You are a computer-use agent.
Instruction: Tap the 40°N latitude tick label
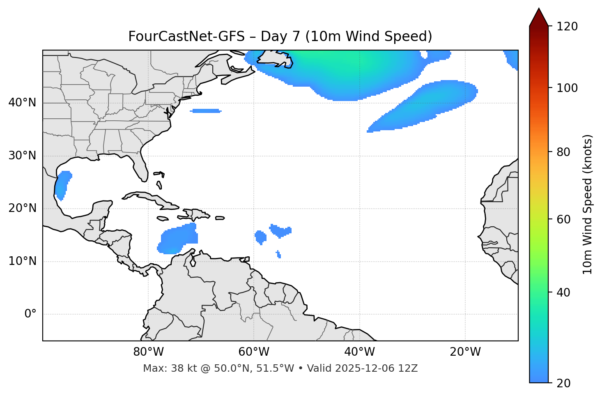pos(22,103)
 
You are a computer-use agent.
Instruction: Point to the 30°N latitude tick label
pos(22,156)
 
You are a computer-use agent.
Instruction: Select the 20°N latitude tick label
pos(22,208)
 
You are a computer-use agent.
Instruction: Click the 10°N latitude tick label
pos(22,261)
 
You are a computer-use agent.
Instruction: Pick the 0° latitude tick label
pos(30,314)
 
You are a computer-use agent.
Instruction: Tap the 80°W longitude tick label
pos(149,352)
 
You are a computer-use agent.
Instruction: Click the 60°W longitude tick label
pos(254,352)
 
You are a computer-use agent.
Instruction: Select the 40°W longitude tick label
pos(360,352)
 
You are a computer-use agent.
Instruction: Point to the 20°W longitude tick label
pos(465,352)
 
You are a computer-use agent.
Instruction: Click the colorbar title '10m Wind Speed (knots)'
pos(588,204)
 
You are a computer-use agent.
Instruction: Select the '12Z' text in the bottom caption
pos(409,368)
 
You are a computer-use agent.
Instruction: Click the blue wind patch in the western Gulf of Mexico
pos(63,184)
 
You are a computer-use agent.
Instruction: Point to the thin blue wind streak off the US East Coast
pos(205,111)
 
